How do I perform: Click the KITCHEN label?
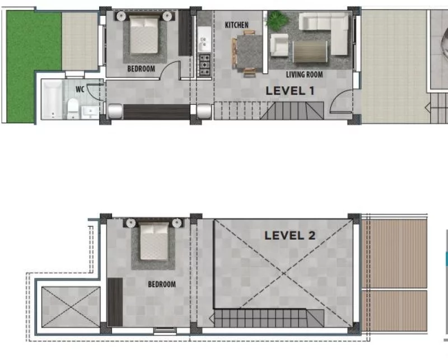[236, 25]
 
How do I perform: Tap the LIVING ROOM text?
[304, 74]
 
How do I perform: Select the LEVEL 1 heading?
[290, 91]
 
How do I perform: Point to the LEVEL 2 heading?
[290, 236]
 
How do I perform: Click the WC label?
[80, 89]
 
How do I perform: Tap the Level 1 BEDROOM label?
[141, 68]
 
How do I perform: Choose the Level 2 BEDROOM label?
[162, 284]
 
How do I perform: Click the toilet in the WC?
[73, 108]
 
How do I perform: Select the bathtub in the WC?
[52, 100]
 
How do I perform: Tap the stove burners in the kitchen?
[204, 65]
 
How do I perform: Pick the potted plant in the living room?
[277, 21]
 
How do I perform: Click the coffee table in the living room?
[310, 51]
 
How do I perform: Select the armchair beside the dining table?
[279, 45]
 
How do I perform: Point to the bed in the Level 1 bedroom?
[144, 35]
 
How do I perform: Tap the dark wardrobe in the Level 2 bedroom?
[115, 302]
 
